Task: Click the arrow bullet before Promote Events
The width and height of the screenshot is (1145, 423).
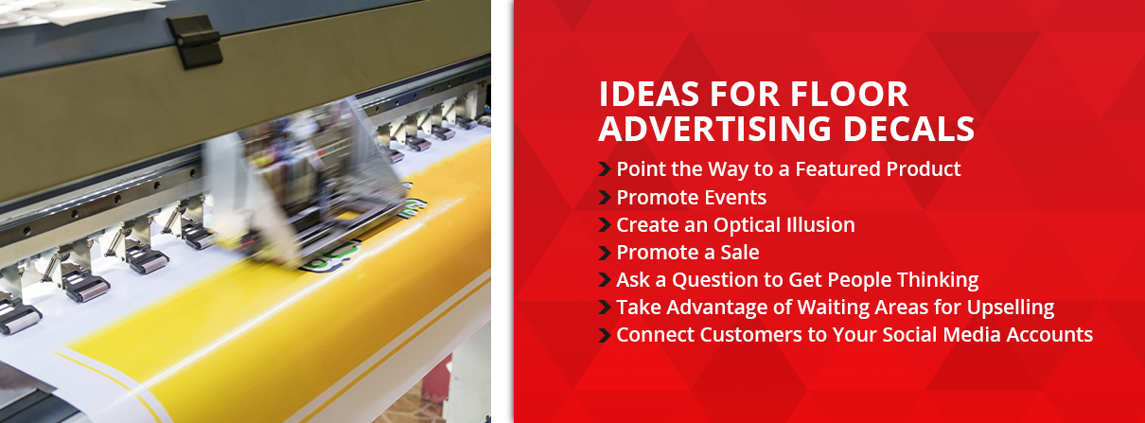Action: point(604,198)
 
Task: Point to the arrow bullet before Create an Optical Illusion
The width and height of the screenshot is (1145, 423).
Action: point(604,225)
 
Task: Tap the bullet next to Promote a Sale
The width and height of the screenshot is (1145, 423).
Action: point(604,253)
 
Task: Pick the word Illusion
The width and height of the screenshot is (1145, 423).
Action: point(815,225)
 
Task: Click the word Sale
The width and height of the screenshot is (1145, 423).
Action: point(739,253)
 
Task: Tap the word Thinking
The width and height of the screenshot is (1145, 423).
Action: point(936,280)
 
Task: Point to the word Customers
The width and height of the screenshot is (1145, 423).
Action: point(734,335)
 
